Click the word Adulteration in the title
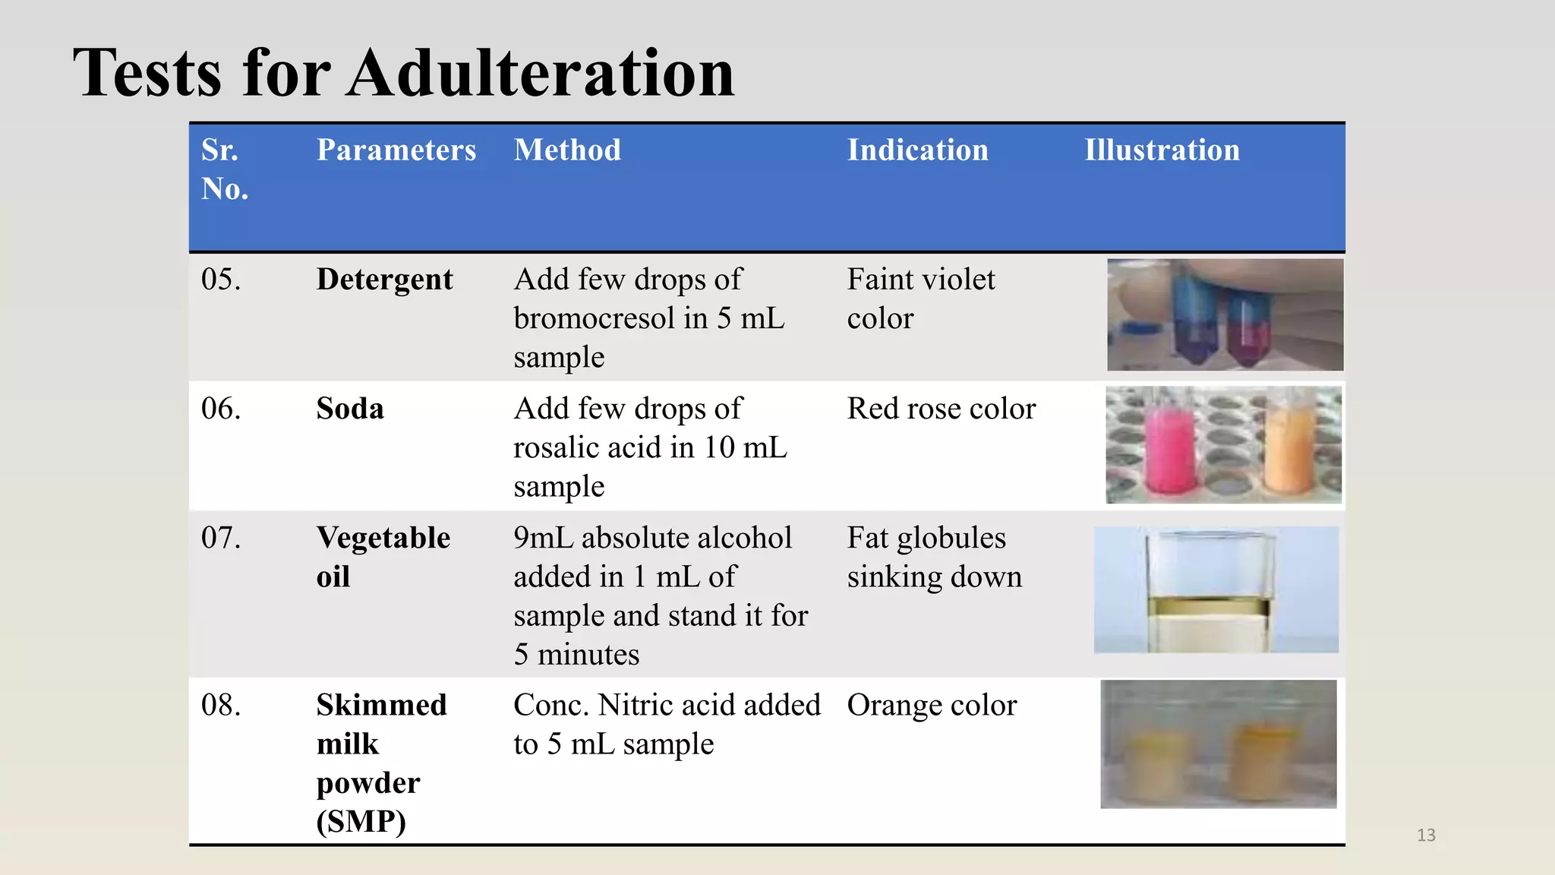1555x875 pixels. click(x=541, y=73)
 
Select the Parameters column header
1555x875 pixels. click(x=396, y=150)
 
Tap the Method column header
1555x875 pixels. click(x=567, y=150)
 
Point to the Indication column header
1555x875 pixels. click(x=917, y=150)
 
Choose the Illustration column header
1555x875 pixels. click(x=1162, y=150)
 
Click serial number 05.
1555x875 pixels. click(x=221, y=280)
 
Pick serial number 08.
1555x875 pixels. click(x=221, y=705)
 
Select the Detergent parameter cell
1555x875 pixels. click(x=384, y=280)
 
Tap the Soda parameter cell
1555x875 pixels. click(x=350, y=409)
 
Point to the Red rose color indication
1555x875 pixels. click(x=941, y=409)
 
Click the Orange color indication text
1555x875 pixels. click(x=932, y=705)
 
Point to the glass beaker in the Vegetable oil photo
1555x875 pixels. click(x=1209, y=591)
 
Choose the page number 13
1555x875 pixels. click(x=1426, y=835)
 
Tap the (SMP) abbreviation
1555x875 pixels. click(x=361, y=822)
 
